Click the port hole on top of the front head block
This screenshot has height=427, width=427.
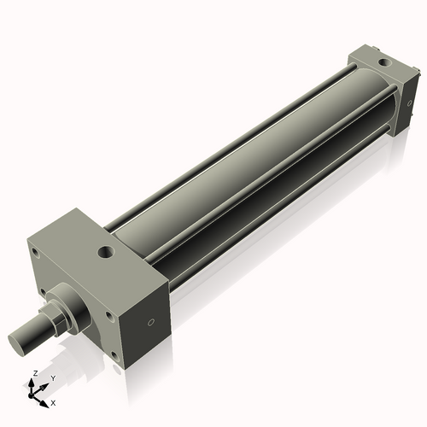(106, 252)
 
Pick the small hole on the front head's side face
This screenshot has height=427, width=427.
(152, 323)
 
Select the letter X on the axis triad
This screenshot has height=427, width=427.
(53, 401)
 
